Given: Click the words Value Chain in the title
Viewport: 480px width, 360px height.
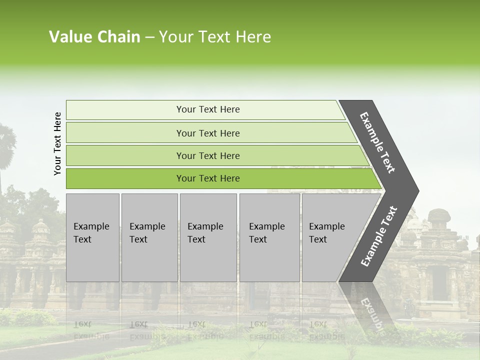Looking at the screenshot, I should coord(94,36).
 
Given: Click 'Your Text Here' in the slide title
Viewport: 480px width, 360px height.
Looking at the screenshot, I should coord(215,36).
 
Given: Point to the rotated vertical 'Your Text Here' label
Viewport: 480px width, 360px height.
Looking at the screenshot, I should coord(57,143).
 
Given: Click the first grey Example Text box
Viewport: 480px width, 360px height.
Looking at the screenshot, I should coord(92,237).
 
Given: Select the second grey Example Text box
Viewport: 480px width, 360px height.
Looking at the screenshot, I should coord(149,237).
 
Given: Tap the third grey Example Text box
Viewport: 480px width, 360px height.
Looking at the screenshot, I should coord(208,237).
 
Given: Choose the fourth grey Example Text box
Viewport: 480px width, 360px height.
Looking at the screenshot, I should coord(269,237).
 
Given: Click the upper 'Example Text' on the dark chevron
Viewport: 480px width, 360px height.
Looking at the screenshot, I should coord(377,142).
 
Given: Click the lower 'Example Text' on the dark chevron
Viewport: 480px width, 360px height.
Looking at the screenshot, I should coord(378,236).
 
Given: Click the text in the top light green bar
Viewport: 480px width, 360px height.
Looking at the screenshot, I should coord(208,109).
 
